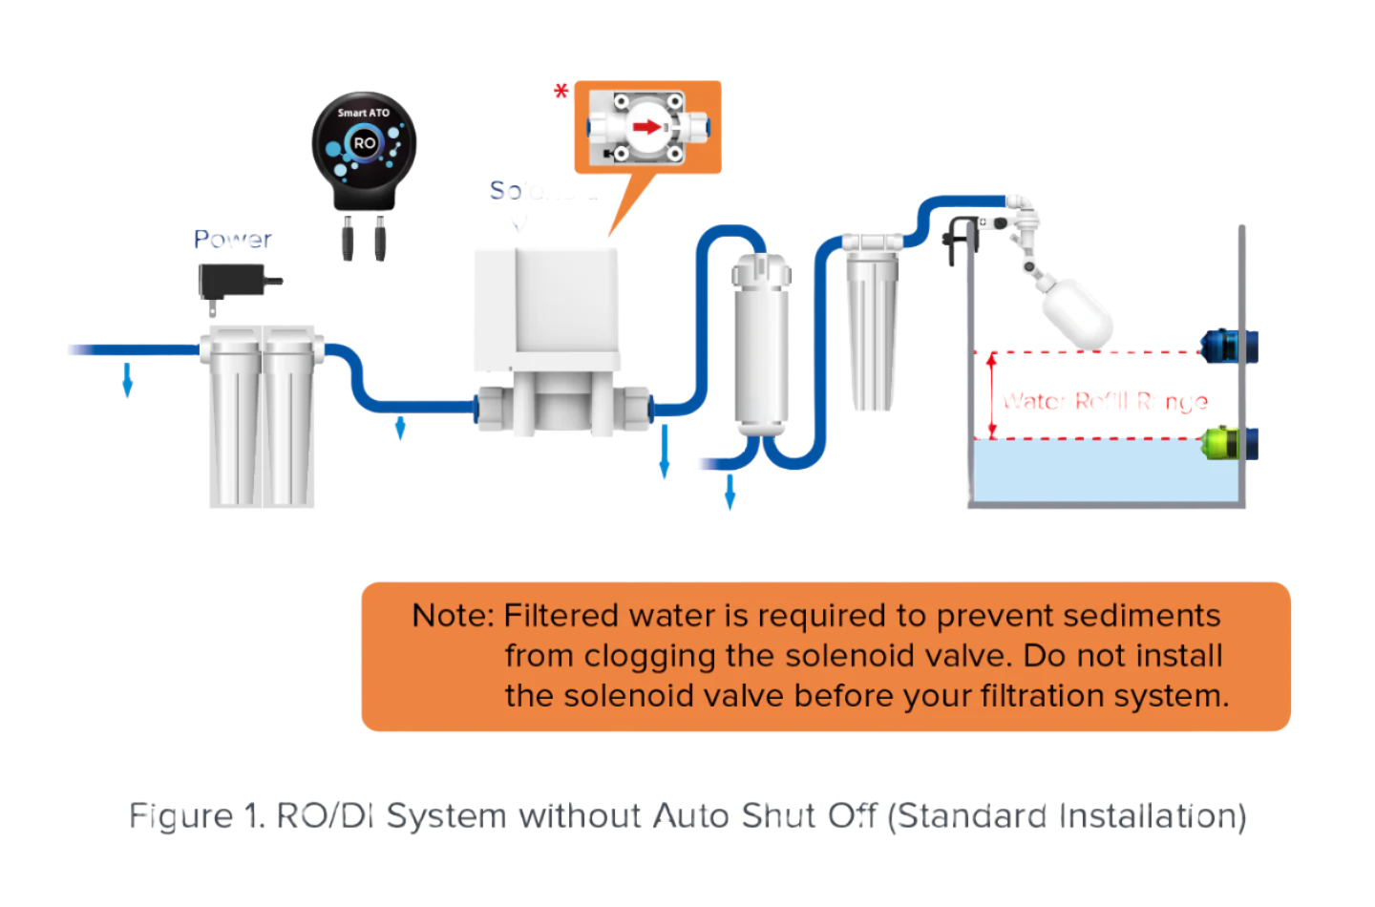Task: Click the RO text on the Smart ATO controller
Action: click(x=365, y=144)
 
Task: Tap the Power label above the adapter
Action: click(x=233, y=239)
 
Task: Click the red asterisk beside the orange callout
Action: click(x=561, y=92)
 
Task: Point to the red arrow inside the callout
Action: click(x=647, y=126)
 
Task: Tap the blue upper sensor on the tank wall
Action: click(x=1230, y=346)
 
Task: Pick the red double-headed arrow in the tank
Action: click(x=991, y=395)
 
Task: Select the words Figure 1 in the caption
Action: click(x=197, y=816)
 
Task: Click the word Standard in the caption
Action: click(x=972, y=816)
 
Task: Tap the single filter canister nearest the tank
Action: click(x=872, y=325)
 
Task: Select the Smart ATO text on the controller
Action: click(x=364, y=113)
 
